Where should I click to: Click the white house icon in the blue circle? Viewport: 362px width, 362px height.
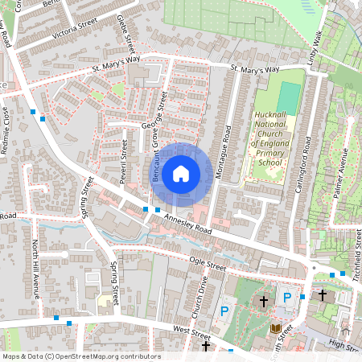[x=181, y=173]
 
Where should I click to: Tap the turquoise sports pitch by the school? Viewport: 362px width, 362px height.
[x=287, y=97]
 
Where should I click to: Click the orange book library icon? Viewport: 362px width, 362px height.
[x=277, y=330]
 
